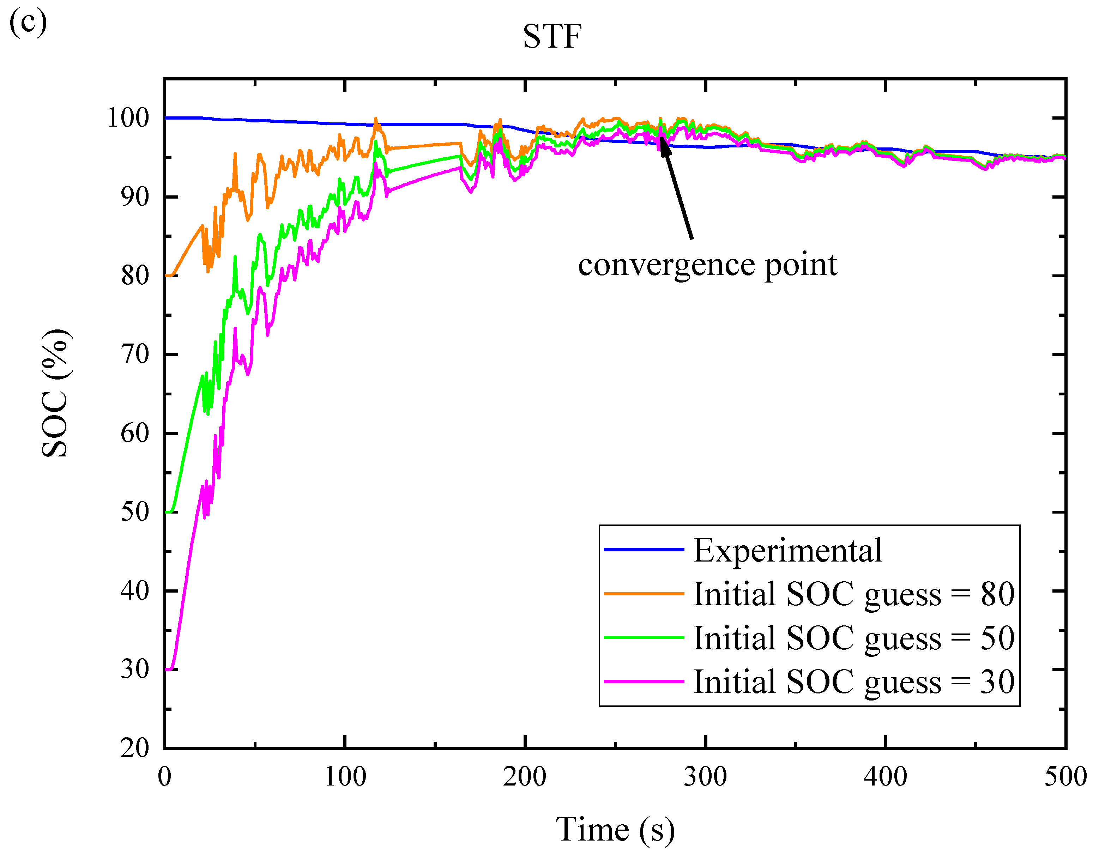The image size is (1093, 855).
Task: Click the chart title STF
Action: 552,37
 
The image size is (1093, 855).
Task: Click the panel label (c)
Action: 28,23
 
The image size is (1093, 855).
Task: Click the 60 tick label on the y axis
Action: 135,433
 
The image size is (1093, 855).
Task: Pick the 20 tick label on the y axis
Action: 135,748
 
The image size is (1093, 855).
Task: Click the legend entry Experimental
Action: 787,550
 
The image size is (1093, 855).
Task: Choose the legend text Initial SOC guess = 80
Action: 854,594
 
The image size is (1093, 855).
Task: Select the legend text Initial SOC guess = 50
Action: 854,638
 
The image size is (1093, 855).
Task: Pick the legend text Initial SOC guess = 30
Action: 854,682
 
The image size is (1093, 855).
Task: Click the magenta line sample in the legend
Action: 644,682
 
